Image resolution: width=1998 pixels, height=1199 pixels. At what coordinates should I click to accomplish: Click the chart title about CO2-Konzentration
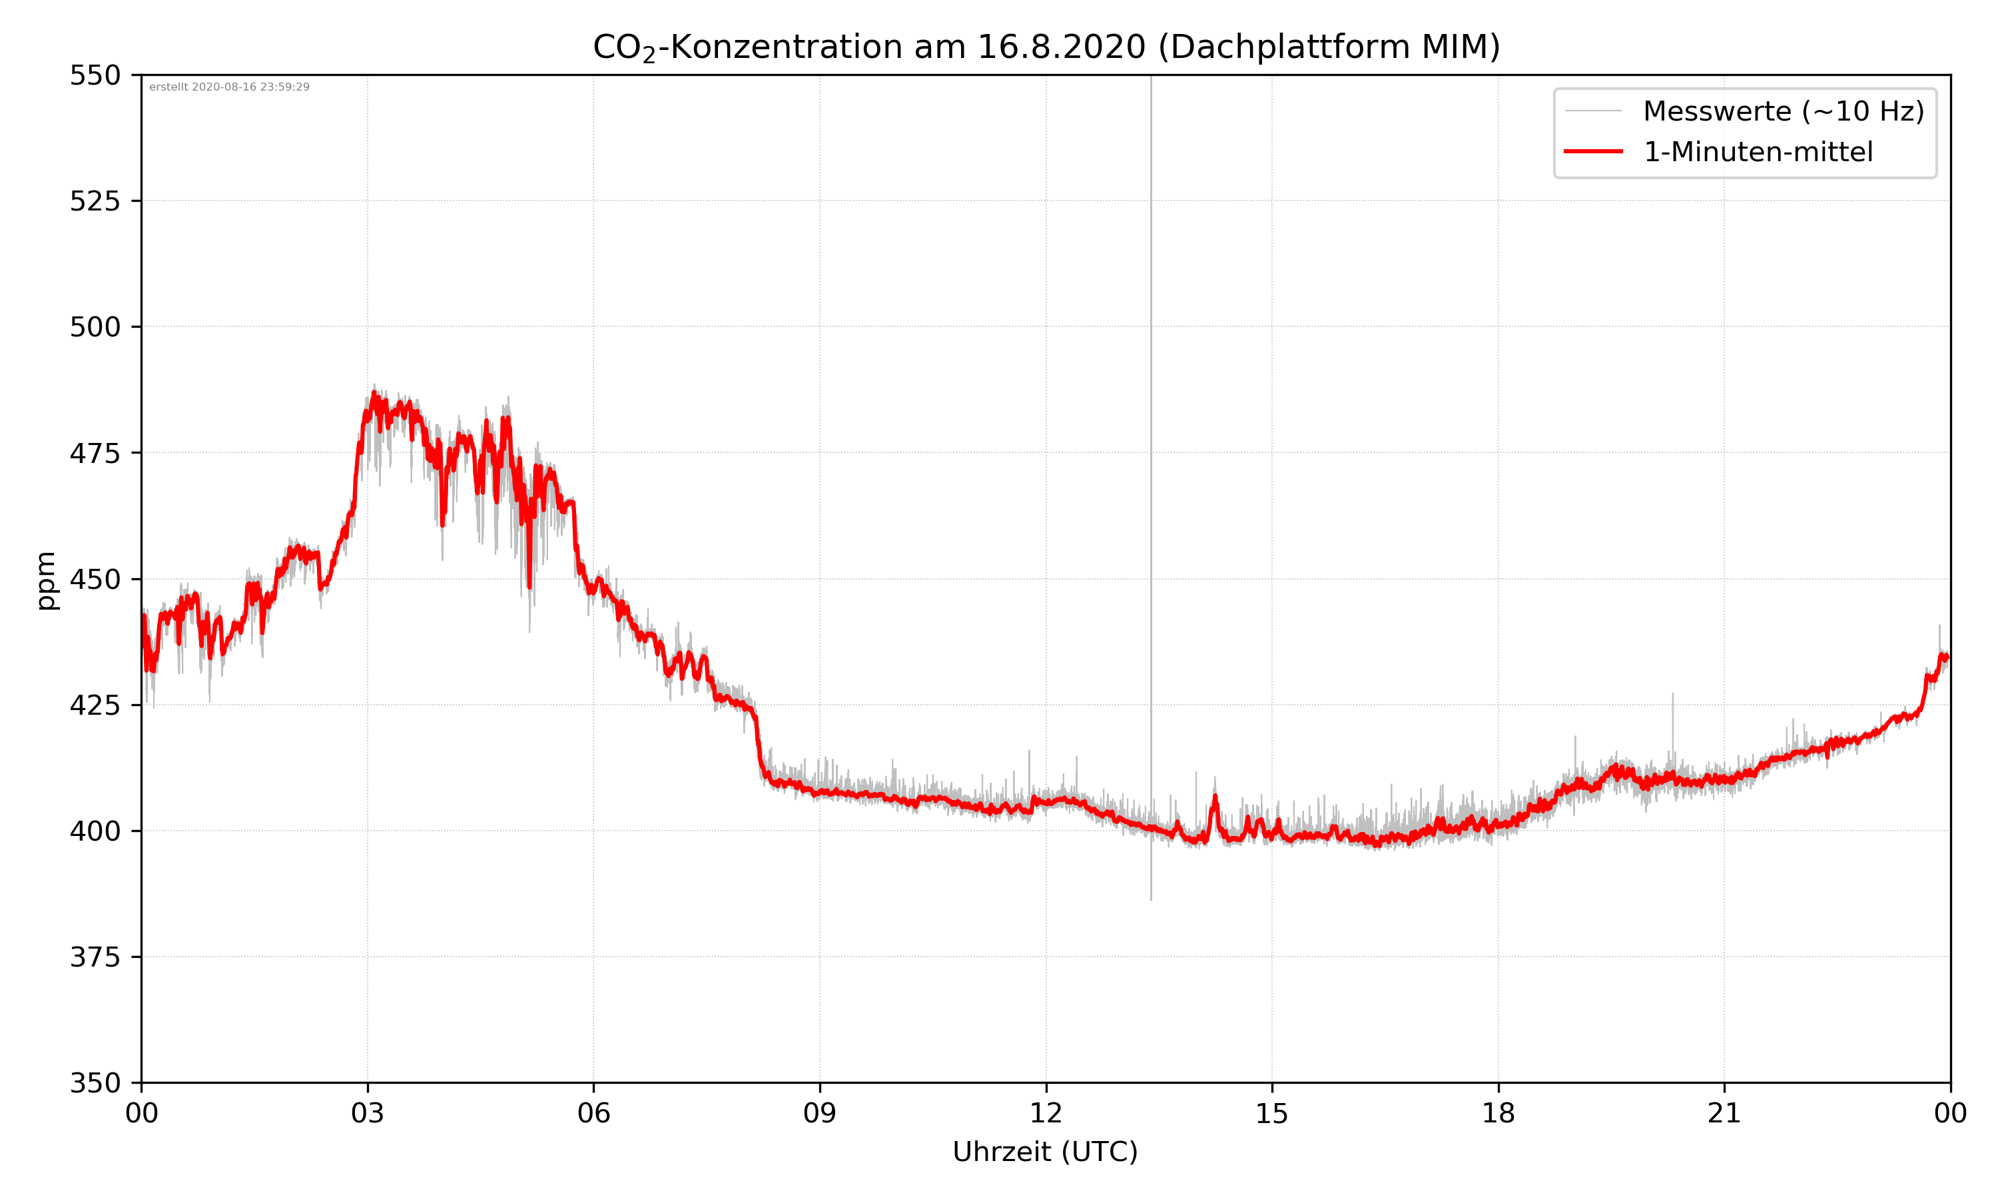1046,47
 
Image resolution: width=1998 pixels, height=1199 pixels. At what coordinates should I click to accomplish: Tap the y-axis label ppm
46,580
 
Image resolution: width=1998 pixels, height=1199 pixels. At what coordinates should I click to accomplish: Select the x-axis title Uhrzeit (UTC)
1045,1151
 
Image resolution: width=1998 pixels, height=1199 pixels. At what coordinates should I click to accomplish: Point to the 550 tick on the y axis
95,76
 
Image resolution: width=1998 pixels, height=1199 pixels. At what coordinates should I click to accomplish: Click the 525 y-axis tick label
95,201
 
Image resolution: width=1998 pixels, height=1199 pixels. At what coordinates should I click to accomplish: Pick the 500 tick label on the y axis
95,327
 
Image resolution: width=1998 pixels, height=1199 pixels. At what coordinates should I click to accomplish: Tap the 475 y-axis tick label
95,453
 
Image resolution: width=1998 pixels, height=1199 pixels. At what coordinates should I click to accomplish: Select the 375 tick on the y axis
95,957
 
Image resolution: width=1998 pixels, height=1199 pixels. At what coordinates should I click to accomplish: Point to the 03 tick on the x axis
368,1113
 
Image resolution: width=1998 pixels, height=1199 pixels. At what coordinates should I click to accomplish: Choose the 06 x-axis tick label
593,1113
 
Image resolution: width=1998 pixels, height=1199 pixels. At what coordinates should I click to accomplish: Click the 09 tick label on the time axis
820,1113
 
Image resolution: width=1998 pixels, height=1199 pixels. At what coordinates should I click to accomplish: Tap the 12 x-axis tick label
1046,1113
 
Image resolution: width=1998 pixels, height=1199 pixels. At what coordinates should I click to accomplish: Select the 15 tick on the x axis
1272,1113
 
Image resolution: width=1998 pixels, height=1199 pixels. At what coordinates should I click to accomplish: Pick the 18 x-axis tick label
1498,1113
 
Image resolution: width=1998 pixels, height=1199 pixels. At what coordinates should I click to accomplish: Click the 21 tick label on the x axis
1724,1113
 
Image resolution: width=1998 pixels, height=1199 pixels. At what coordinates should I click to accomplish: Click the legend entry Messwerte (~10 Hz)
1783,111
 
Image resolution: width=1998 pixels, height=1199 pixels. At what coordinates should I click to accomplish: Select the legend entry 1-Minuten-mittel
1758,152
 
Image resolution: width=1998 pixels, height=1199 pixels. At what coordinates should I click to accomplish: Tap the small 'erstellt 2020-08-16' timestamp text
229,87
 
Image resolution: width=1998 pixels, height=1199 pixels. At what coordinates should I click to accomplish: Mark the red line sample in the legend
1592,151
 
